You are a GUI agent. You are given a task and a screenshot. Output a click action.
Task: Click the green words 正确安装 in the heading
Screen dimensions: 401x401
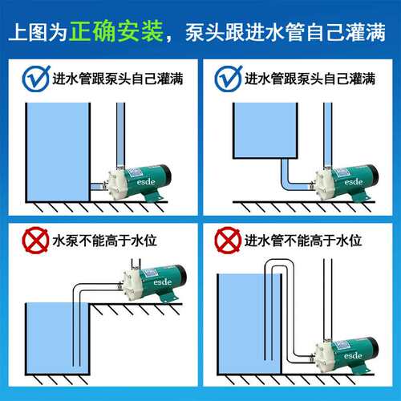pyautogui.click(x=116, y=31)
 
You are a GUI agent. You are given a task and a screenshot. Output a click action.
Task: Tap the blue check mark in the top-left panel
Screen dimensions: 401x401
pyautogui.click(x=36, y=79)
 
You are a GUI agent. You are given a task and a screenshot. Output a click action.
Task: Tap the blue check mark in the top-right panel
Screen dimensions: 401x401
pyautogui.click(x=229, y=79)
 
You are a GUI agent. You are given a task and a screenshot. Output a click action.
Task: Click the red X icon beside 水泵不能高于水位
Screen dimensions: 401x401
pyautogui.click(x=35, y=240)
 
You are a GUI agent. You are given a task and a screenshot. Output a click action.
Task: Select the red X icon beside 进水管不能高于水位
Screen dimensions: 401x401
pyautogui.click(x=228, y=240)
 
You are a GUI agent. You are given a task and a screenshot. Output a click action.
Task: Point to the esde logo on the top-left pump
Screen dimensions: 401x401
pyautogui.click(x=146, y=182)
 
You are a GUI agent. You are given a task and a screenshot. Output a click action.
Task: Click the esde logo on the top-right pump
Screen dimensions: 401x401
pyautogui.click(x=354, y=182)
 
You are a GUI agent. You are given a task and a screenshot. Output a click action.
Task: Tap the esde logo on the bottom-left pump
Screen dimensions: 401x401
pyautogui.click(x=163, y=282)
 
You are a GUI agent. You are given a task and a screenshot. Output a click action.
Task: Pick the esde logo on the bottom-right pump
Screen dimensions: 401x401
pyautogui.click(x=353, y=355)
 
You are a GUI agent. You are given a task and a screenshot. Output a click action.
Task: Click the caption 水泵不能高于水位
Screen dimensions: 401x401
pyautogui.click(x=104, y=241)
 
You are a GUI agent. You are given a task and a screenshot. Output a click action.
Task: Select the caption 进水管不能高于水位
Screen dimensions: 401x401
pyautogui.click(x=303, y=241)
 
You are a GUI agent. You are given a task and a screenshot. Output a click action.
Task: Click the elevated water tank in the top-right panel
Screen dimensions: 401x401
pyautogui.click(x=265, y=131)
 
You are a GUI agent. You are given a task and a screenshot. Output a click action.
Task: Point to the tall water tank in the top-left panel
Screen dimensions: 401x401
pyautogui.click(x=58, y=152)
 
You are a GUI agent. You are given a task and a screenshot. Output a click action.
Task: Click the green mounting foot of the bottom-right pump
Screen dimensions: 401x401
pyautogui.click(x=362, y=368)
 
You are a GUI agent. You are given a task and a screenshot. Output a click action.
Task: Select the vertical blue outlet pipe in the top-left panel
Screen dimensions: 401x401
pyautogui.click(x=120, y=135)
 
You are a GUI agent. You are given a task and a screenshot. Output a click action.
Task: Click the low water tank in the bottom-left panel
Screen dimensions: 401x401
pyautogui.click(x=58, y=339)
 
